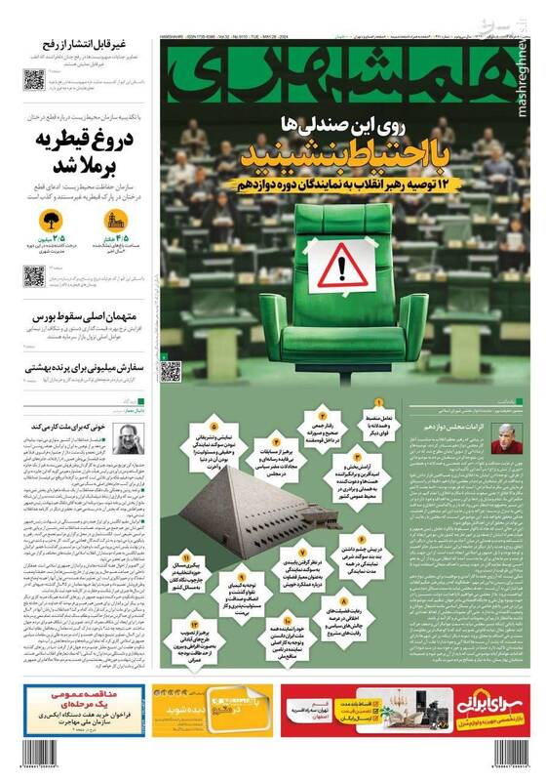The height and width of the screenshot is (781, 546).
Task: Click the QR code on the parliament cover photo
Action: pos(171,371)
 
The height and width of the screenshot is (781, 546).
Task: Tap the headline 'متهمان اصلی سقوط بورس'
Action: pos(80,316)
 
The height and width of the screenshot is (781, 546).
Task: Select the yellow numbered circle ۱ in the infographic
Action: pos(378,402)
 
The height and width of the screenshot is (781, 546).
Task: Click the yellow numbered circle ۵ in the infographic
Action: pos(213,427)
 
